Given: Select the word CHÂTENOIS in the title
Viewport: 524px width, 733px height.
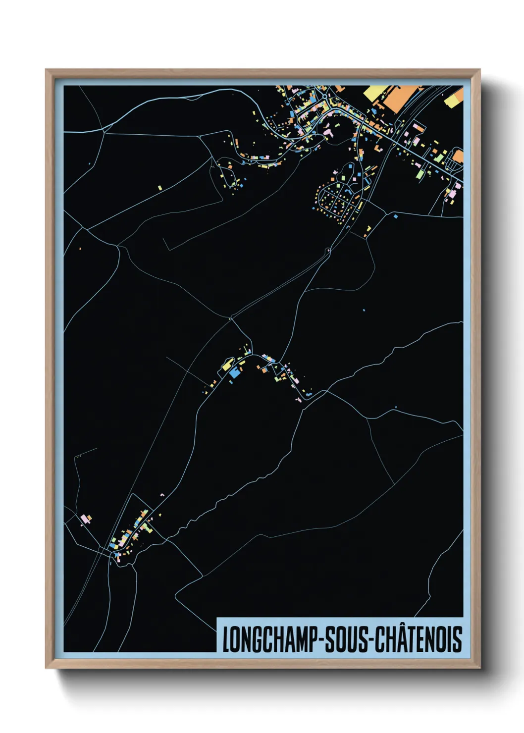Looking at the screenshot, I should point(419,639).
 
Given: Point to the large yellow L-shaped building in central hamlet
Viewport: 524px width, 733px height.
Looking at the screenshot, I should point(227,365).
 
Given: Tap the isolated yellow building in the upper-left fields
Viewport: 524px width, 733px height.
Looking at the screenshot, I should point(160,187).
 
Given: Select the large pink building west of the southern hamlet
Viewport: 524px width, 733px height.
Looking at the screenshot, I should point(87,519).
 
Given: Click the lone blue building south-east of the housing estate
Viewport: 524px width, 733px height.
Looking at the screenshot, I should point(395,216).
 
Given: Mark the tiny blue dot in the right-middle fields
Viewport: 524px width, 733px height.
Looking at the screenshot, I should point(365,311).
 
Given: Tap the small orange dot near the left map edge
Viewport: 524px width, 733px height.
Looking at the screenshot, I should point(80,247).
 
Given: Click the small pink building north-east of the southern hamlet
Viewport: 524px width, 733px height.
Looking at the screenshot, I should point(162,494).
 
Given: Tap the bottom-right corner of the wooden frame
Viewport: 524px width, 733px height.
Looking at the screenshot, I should point(479,668).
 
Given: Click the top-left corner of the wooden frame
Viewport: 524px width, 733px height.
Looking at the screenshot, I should point(46,70).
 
